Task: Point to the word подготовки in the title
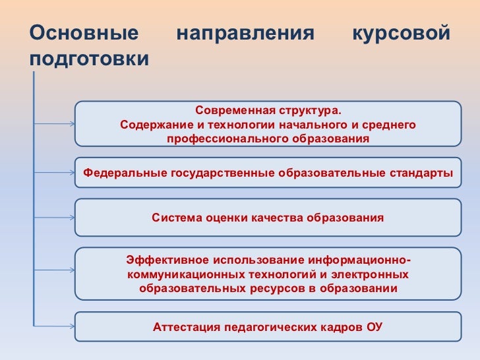coord(90,59)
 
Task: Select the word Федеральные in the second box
coord(125,173)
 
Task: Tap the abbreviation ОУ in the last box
coord(374,327)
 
